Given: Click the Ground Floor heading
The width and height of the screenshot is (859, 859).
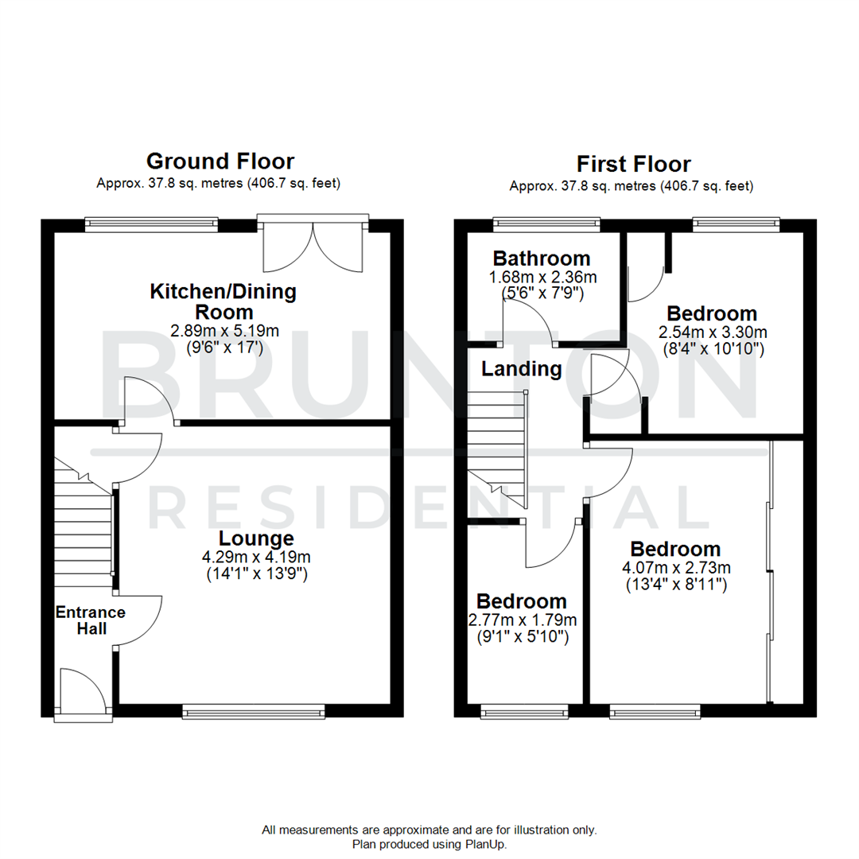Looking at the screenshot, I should tap(220, 161).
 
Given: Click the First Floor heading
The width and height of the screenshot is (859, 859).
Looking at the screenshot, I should tap(633, 165).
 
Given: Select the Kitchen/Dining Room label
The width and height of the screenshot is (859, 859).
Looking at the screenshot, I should tap(223, 301).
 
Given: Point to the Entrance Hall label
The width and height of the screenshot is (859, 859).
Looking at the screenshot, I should tap(90, 620).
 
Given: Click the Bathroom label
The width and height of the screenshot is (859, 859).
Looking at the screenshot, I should tap(542, 258).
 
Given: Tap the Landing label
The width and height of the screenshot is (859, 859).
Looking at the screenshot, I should tap(521, 369).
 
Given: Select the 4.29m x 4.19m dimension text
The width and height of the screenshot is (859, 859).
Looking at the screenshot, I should tap(256, 557).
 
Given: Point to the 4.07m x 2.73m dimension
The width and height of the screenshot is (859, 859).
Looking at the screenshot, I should tap(676, 568).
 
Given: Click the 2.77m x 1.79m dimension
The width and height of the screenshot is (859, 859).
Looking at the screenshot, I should tap(522, 620).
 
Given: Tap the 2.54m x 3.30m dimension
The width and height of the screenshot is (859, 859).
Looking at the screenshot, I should tap(712, 332).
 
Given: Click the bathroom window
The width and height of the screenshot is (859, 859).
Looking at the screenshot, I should tap(546, 223).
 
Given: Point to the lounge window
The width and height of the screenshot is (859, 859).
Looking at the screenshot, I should tap(253, 711).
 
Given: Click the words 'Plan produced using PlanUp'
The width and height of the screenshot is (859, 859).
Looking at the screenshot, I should tap(429, 844).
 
